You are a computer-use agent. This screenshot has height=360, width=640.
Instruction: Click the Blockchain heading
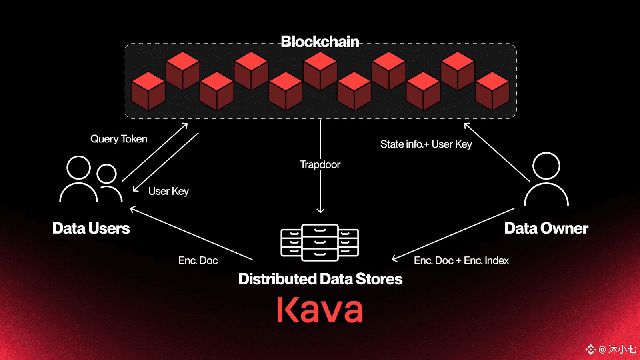pyautogui.click(x=320, y=42)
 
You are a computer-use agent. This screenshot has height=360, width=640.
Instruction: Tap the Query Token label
pyautogui.click(x=119, y=139)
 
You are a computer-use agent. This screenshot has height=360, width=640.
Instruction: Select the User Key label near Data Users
pyautogui.click(x=168, y=191)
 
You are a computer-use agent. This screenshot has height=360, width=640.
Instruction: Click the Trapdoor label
pyautogui.click(x=320, y=164)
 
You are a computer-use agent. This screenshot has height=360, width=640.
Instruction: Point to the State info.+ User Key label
pyautogui.click(x=426, y=144)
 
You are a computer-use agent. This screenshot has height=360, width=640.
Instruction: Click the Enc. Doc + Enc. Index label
pyautogui.click(x=462, y=260)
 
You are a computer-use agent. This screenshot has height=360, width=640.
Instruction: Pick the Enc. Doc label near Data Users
pyautogui.click(x=198, y=260)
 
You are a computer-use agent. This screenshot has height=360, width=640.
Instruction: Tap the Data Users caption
pyautogui.click(x=91, y=228)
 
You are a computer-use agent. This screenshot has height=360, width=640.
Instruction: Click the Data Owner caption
pyautogui.click(x=546, y=228)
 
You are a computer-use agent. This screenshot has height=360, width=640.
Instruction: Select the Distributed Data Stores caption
pyautogui.click(x=320, y=279)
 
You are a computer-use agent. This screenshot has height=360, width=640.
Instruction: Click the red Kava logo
pyautogui.click(x=320, y=310)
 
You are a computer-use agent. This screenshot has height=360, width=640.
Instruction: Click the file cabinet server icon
pyautogui.click(x=320, y=242)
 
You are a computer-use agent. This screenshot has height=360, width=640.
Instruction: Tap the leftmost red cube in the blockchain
pyautogui.click(x=148, y=91)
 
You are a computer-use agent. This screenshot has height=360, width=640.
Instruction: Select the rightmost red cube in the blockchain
pyautogui.click(x=492, y=91)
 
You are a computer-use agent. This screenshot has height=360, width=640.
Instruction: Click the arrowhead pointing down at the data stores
pyautogui.click(x=320, y=211)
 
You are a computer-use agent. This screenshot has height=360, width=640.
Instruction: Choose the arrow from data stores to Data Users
pyautogui.click(x=191, y=234)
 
